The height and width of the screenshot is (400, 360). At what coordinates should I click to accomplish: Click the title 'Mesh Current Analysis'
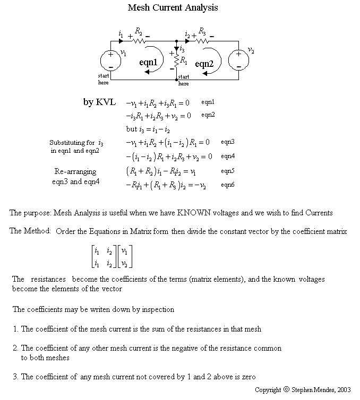pyautogui.click(x=173, y=8)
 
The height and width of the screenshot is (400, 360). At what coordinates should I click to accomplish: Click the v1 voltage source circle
pyautogui.click(x=110, y=60)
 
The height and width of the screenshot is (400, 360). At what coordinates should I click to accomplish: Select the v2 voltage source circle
pyautogui.click(x=238, y=60)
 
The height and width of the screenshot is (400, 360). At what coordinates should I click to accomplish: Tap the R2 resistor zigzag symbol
pyautogui.click(x=139, y=40)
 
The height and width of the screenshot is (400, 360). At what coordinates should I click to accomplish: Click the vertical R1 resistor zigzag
pyautogui.click(x=177, y=63)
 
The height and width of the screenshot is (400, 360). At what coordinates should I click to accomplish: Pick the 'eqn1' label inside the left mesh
pyautogui.click(x=149, y=62)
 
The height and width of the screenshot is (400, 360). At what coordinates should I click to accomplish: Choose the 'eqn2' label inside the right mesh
pyautogui.click(x=204, y=64)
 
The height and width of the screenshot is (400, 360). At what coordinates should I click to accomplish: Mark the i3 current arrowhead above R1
pyautogui.click(x=177, y=48)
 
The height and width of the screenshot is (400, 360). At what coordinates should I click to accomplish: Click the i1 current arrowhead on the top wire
pyautogui.click(x=121, y=40)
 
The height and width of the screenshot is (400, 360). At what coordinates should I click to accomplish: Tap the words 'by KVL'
pyautogui.click(x=99, y=102)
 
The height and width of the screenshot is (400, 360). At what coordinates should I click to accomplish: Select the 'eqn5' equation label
pyautogui.click(x=228, y=171)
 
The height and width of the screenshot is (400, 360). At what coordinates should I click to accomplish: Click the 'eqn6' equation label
pyautogui.click(x=228, y=185)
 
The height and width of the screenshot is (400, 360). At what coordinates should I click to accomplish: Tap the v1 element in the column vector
pyautogui.click(x=126, y=251)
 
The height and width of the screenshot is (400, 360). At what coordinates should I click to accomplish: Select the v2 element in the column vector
pyautogui.click(x=126, y=263)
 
